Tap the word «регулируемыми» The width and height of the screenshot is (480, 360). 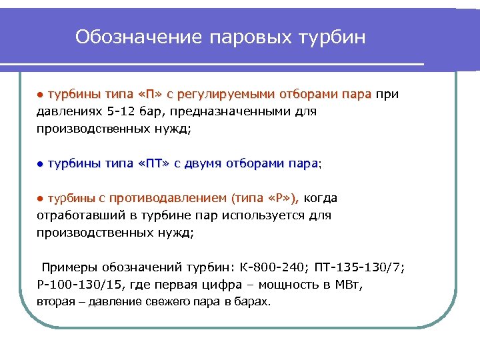(x=217, y=94)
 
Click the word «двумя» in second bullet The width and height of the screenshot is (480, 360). (x=201, y=163)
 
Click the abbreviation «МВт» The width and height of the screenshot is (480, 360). (x=351, y=285)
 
